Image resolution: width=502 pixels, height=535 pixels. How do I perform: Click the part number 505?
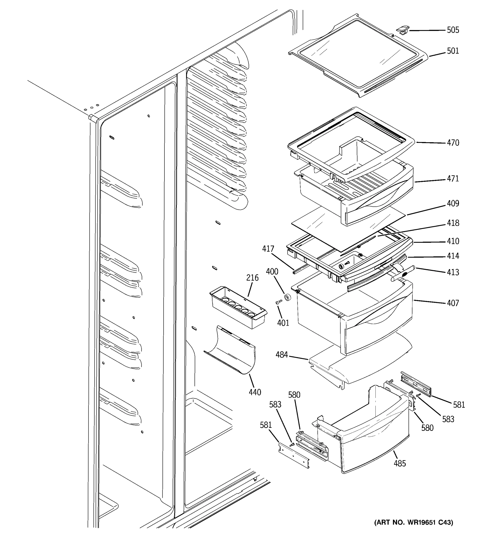[453, 30]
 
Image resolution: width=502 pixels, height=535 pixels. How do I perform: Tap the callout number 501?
[453, 51]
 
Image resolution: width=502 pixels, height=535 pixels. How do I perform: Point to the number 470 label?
[453, 143]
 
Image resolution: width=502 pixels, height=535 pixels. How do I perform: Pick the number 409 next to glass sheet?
[453, 204]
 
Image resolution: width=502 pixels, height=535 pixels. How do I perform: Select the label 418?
[453, 223]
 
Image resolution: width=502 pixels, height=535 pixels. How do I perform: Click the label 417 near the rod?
[268, 249]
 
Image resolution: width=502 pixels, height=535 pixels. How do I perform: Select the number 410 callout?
[453, 241]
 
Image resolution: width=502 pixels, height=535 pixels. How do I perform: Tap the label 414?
[453, 256]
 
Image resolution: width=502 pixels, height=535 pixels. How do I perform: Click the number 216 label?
[252, 278]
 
